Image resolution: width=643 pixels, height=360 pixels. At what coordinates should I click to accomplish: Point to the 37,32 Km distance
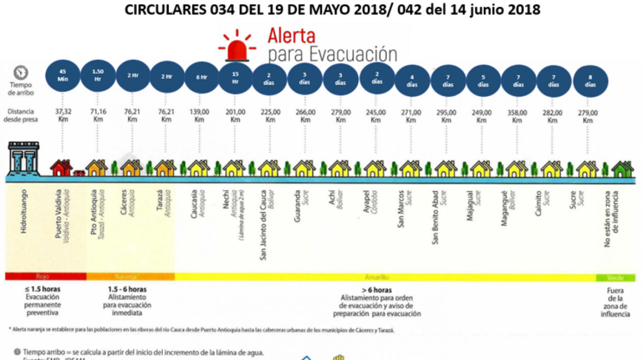coord(62,116)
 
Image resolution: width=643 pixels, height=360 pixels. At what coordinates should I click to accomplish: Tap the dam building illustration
coord(23,158)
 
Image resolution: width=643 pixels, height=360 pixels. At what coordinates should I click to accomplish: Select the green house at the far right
coord(623,169)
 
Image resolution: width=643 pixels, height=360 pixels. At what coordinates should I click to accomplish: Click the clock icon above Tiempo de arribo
coord(21,72)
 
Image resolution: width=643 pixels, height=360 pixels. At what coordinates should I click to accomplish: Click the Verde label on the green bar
coord(615,277)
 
